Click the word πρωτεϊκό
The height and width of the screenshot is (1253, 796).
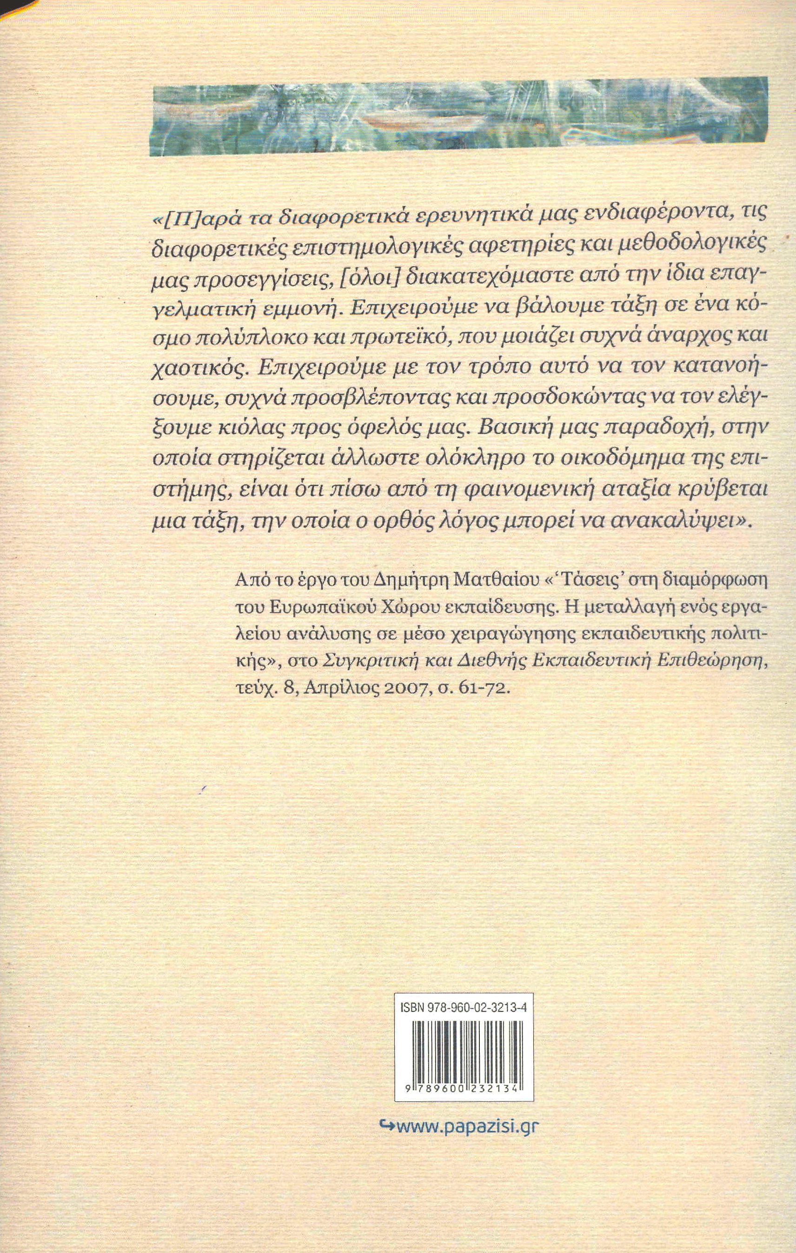pos(391,335)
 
